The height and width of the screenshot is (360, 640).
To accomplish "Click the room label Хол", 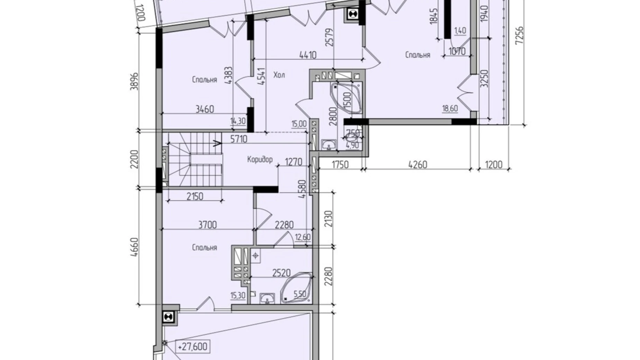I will click(279, 75).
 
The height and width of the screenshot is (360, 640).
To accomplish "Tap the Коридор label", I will click(260, 160).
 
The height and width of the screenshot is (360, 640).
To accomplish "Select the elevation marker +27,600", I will click(193, 346).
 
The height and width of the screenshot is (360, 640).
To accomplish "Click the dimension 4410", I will click(308, 55).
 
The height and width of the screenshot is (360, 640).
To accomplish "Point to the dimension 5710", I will click(239, 139).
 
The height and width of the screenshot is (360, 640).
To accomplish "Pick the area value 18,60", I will click(450, 108).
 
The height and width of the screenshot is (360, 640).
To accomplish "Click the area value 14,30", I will click(238, 121).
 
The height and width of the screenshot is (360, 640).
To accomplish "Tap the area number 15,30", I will click(238, 295).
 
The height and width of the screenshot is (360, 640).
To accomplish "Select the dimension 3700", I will click(208, 225).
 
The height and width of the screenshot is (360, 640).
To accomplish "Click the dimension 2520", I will click(281, 273).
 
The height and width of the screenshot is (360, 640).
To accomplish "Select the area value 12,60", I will click(303, 237).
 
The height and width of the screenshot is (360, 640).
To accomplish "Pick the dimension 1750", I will click(340, 164).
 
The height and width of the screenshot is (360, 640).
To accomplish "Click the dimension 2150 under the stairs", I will click(195, 196).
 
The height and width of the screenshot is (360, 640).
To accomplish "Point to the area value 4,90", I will click(352, 145).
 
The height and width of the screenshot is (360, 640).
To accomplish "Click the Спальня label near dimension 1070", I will click(418, 55).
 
